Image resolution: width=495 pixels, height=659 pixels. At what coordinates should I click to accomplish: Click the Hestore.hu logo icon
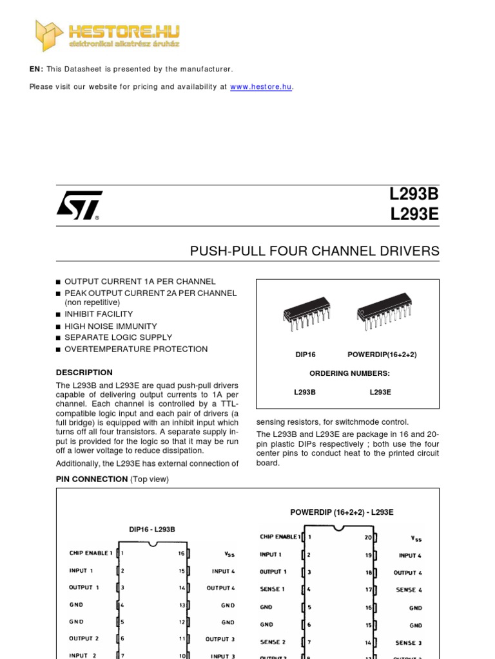pos(49,35)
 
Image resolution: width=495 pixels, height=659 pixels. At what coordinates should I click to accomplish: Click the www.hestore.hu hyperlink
pos(261,86)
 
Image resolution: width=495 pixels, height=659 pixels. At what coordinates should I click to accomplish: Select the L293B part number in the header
pos(414,195)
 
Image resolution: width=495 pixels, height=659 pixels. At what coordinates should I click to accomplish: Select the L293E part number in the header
pos(414,214)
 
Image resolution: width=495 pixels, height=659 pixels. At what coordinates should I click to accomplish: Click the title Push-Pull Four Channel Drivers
pos(315,251)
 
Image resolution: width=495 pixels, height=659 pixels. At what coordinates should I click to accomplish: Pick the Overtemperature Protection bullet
pos(136,349)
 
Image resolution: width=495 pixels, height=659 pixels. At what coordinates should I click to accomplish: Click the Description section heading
pos(84,372)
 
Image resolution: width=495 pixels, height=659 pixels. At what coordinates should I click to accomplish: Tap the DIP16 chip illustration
pos(306,314)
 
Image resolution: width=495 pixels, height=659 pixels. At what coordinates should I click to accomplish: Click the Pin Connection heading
pos(92,479)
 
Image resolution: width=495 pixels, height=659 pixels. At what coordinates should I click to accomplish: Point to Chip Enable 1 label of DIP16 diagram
pos(91,552)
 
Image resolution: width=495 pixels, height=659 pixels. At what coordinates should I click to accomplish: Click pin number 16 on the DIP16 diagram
pos(182,553)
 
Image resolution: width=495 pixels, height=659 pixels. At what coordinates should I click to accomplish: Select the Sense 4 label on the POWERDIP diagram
pos(409,589)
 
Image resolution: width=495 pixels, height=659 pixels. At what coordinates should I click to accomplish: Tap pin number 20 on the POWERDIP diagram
pos(367,537)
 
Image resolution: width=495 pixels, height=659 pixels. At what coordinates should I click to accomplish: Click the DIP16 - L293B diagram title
pos(152,529)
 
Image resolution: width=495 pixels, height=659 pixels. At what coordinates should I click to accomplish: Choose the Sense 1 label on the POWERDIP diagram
pos(271,589)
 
